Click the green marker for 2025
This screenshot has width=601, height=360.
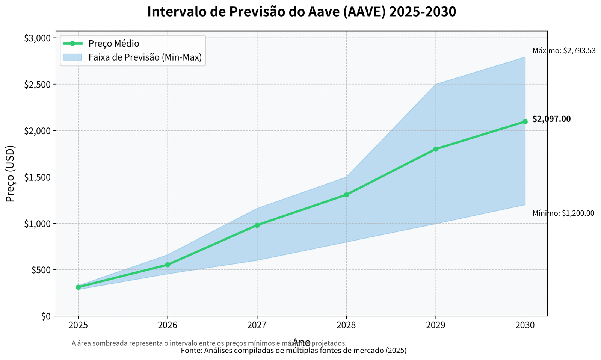click(78, 287)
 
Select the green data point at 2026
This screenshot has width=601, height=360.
click(168, 265)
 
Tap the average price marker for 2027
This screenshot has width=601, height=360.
click(257, 225)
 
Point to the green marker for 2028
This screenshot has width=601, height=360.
click(346, 195)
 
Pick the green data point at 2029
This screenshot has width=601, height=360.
click(436, 149)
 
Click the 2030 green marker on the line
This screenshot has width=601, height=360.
click(525, 122)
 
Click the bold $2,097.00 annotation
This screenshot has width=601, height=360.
click(551, 119)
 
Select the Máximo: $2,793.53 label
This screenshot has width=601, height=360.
click(564, 51)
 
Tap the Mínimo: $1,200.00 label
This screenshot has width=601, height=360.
click(563, 213)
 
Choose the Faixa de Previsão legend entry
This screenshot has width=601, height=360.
click(145, 57)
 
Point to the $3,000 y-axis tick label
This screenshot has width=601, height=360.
click(37, 38)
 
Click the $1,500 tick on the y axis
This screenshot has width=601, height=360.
click(37, 177)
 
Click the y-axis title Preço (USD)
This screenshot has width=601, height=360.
click(11, 174)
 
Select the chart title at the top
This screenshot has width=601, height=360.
click(301, 12)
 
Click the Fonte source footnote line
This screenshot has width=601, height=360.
click(293, 351)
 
